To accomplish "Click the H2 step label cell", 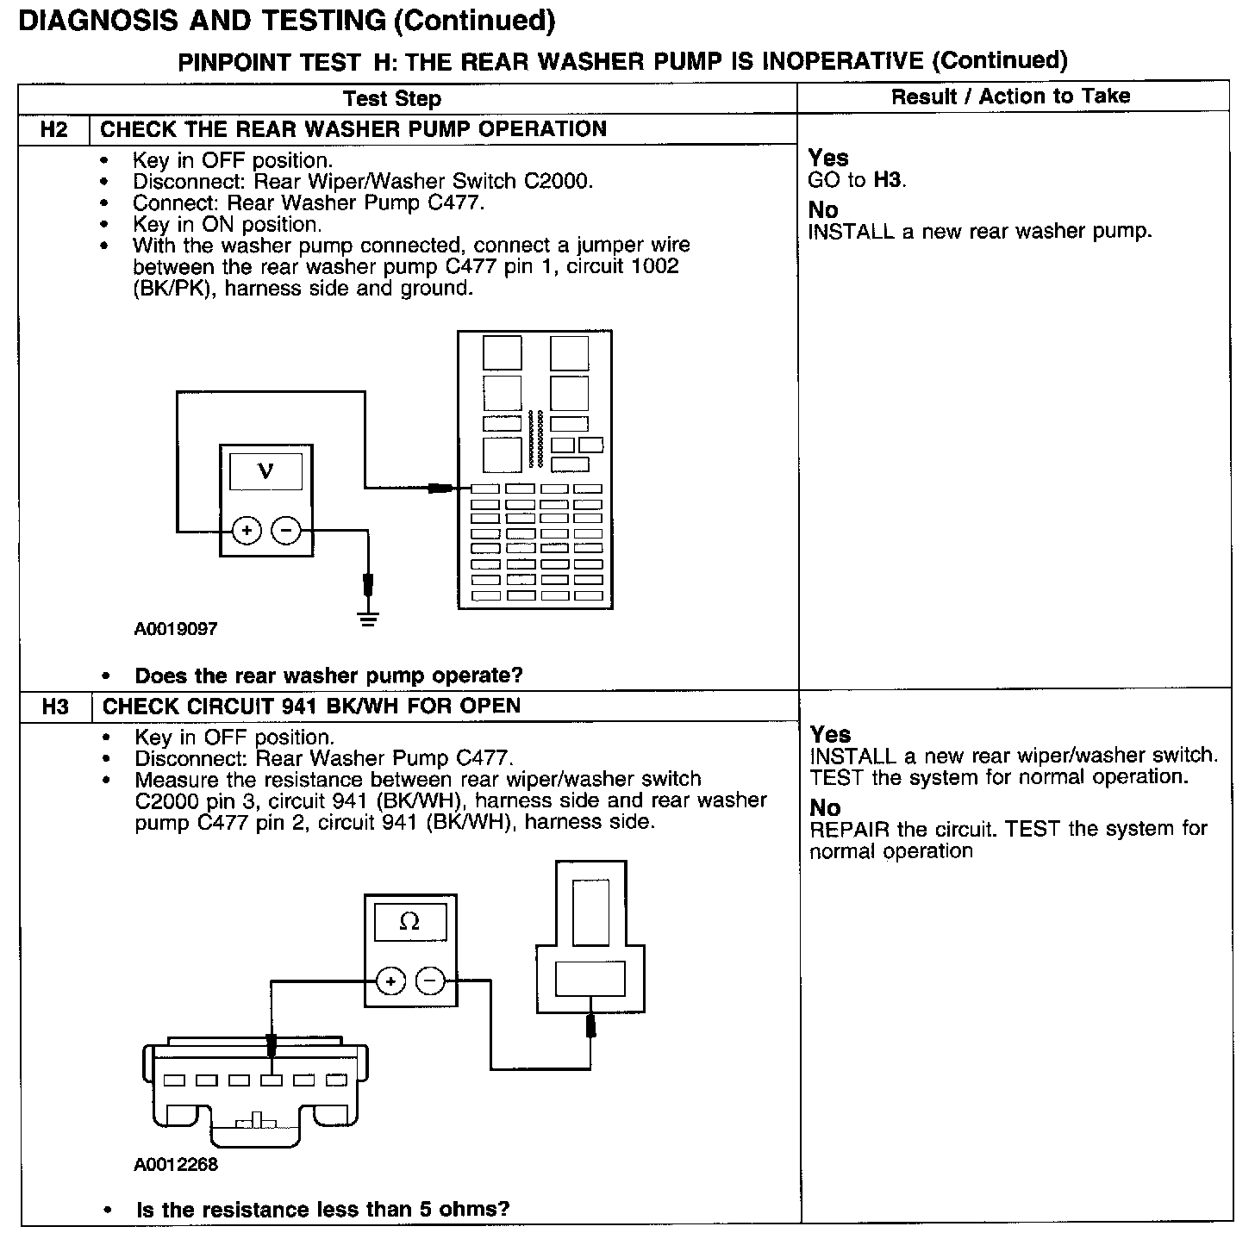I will click(x=53, y=130).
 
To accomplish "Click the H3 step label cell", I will click(x=55, y=707).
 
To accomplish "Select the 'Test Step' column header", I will click(x=392, y=98).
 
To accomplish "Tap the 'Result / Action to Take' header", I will click(x=1010, y=97).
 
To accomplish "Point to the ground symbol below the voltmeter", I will click(x=368, y=618).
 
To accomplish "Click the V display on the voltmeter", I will click(x=265, y=472).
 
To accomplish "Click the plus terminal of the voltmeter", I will click(x=247, y=531).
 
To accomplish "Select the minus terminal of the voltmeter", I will click(x=286, y=531).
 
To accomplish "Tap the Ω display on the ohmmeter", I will click(x=409, y=923).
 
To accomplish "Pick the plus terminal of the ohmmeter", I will click(x=390, y=981).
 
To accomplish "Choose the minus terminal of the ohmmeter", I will click(x=430, y=981).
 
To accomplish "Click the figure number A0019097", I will click(x=176, y=629).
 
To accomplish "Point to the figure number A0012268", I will click(x=176, y=1165).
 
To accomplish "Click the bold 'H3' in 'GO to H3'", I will click(x=888, y=180).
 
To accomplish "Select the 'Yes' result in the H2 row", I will click(x=828, y=158).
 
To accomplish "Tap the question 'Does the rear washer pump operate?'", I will click(x=328, y=676).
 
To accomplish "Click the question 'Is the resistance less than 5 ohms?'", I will click(x=322, y=1209).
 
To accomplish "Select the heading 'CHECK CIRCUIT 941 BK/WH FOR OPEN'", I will click(x=311, y=707).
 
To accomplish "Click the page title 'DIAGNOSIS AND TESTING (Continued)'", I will click(x=286, y=21).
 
